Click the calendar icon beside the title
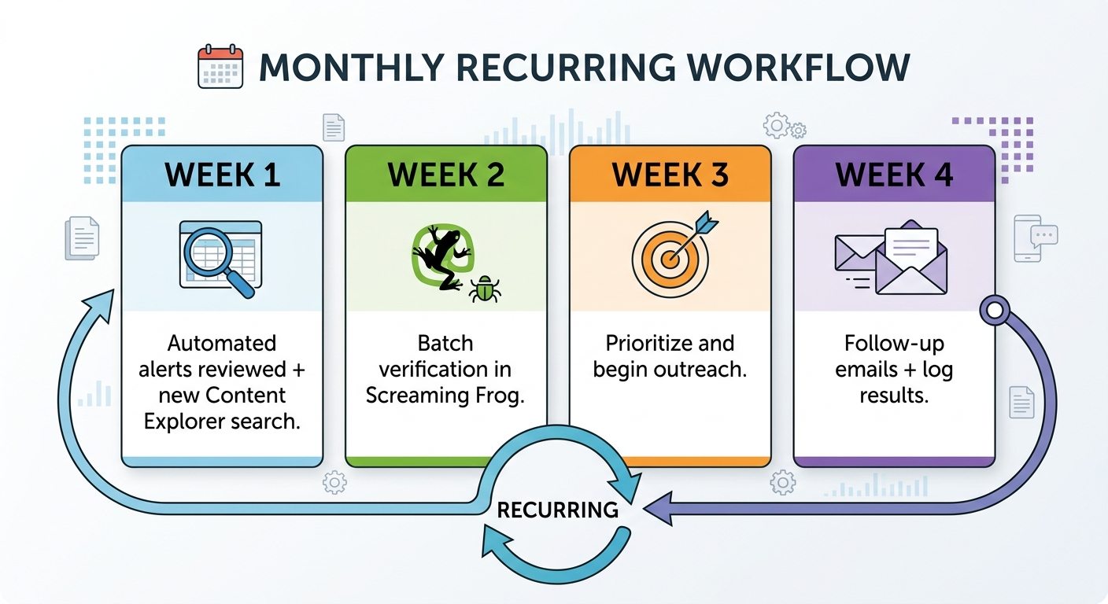coord(220,66)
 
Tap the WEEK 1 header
coord(222,175)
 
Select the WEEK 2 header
coord(445,175)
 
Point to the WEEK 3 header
coord(670,175)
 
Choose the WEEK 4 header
coord(894,175)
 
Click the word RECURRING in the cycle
coord(557,510)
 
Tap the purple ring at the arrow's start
coord(994,311)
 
